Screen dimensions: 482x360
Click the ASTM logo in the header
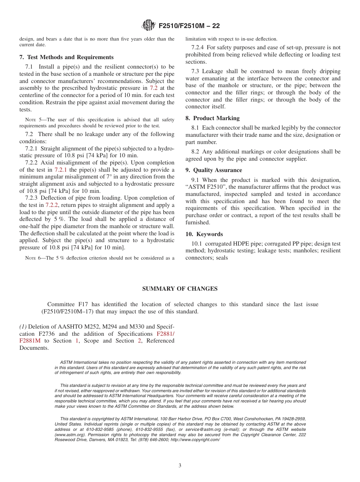(148, 26)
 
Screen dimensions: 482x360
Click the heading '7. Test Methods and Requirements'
(66, 57)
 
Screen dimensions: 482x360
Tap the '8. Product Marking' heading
(212, 118)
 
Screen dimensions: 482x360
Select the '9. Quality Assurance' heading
(214, 170)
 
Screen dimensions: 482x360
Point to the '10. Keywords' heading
(204, 234)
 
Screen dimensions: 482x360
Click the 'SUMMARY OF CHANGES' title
(180, 289)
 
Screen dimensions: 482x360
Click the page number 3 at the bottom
(180, 465)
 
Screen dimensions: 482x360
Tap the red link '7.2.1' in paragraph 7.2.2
(61, 170)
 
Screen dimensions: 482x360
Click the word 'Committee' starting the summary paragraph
(61, 304)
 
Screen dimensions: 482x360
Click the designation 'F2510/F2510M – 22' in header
(189, 26)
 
